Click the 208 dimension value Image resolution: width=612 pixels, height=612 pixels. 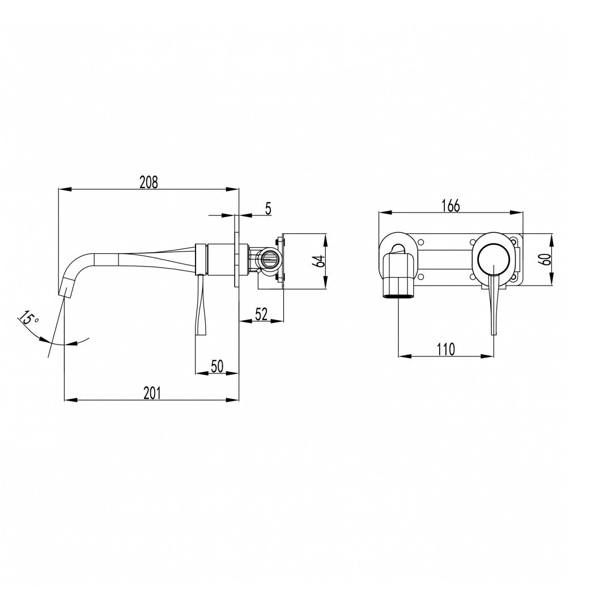coord(149,182)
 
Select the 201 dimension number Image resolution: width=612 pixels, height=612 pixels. coord(152,393)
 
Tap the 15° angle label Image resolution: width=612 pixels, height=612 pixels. coord(28,318)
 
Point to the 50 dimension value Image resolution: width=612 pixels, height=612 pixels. coord(216,366)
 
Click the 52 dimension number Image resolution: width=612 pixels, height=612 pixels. coord(261,314)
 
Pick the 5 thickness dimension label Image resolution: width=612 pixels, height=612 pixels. coord(267,209)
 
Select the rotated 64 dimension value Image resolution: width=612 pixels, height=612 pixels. coord(320,261)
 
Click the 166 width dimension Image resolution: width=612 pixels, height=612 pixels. coord(451,206)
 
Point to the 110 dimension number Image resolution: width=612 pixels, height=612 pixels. coord(445,349)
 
